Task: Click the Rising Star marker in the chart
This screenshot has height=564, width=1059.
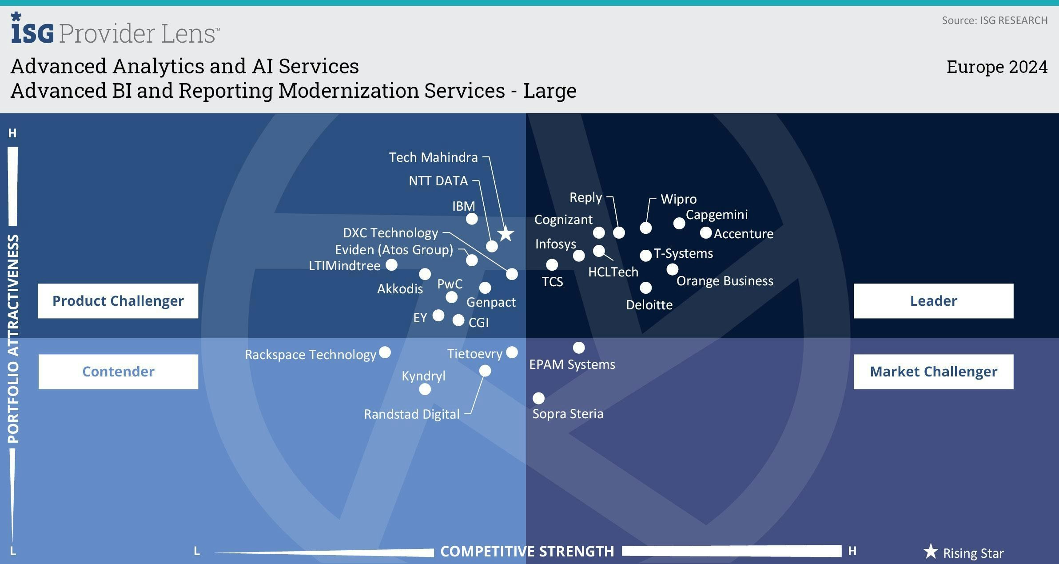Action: pyautogui.click(x=506, y=234)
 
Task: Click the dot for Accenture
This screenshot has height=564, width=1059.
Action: pyautogui.click(x=705, y=232)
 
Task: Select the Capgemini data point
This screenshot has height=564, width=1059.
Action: pyautogui.click(x=679, y=223)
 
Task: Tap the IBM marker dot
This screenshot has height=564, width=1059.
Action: pyautogui.click(x=472, y=219)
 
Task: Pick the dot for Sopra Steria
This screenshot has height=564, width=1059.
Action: pyautogui.click(x=538, y=398)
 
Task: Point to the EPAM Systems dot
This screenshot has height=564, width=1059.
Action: pyautogui.click(x=579, y=347)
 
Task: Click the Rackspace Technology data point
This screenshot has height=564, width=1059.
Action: pyautogui.click(x=385, y=352)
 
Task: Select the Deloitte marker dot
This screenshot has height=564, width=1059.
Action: pyautogui.click(x=645, y=288)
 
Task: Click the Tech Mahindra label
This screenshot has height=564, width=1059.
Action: pyautogui.click(x=433, y=157)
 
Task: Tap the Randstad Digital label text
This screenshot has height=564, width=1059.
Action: pyautogui.click(x=411, y=414)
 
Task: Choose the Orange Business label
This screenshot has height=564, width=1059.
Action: pyautogui.click(x=725, y=281)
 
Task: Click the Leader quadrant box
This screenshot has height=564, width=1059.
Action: pyautogui.click(x=933, y=301)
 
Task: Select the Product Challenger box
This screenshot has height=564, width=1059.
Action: pyautogui.click(x=118, y=301)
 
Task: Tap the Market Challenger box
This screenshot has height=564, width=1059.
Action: pyautogui.click(x=933, y=372)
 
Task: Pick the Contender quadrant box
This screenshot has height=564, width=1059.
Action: pyautogui.click(x=118, y=372)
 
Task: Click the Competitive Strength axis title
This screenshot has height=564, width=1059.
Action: pyautogui.click(x=527, y=551)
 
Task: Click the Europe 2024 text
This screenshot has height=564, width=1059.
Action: pyautogui.click(x=997, y=67)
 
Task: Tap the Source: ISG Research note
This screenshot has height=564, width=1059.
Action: pyautogui.click(x=995, y=20)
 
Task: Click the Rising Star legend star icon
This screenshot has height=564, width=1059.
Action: pyautogui.click(x=931, y=552)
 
